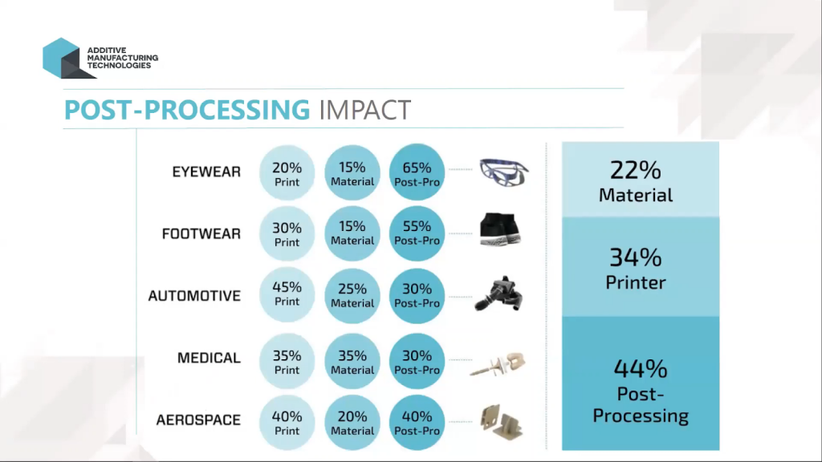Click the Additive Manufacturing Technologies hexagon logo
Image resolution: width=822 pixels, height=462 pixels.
tap(61, 58)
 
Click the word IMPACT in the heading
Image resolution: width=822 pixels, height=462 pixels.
tap(364, 110)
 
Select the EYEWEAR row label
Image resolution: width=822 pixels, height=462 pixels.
tap(205, 172)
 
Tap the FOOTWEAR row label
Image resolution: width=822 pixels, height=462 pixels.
tap(201, 234)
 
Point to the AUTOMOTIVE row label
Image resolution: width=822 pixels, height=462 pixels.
tap(194, 296)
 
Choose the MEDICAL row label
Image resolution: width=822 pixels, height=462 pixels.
tap(209, 358)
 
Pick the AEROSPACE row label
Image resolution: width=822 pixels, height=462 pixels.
tap(197, 419)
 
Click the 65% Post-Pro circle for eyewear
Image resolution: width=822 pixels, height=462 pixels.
tap(417, 173)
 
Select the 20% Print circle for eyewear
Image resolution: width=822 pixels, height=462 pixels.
tap(287, 173)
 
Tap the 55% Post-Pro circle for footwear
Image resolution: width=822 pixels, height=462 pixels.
tap(417, 233)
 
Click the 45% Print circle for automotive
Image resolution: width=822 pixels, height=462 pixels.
tap(287, 294)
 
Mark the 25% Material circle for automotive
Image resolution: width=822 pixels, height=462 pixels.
tap(352, 294)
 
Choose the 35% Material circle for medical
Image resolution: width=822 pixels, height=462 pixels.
tap(352, 361)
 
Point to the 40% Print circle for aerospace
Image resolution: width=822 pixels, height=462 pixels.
tap(287, 423)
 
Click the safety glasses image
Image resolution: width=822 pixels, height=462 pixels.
tap(504, 172)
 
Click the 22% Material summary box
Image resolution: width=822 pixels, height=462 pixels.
tap(640, 180)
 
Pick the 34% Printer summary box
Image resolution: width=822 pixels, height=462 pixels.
tap(640, 267)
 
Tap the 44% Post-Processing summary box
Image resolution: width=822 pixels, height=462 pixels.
tap(640, 383)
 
